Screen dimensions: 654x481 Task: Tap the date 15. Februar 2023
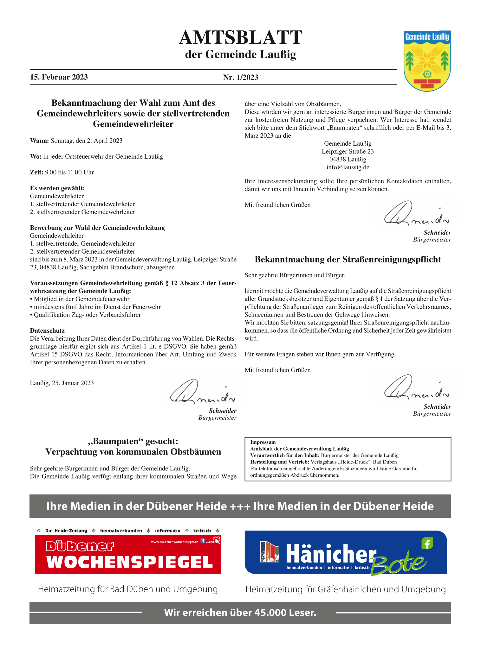[x=59, y=77]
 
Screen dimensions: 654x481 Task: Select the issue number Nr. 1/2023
[x=241, y=77]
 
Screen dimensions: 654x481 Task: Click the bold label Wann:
[x=40, y=141]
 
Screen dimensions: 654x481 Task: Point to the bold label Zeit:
[x=36, y=172]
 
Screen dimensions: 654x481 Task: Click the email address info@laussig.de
[x=348, y=167]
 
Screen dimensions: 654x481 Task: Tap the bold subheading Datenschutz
[x=47, y=330]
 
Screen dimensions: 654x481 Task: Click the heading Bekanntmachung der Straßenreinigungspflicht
[x=348, y=259]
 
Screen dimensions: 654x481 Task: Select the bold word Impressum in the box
[x=263, y=442]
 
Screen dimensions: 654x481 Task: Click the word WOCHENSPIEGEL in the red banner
[x=129, y=562]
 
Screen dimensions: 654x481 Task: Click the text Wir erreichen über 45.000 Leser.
[x=240, y=613]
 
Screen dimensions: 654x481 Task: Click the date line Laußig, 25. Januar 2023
[x=62, y=383]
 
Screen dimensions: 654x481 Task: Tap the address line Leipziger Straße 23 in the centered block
[x=348, y=151]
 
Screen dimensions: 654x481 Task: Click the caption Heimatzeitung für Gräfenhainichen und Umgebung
[x=346, y=589]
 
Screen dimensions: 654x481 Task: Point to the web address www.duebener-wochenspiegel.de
[x=175, y=542]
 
